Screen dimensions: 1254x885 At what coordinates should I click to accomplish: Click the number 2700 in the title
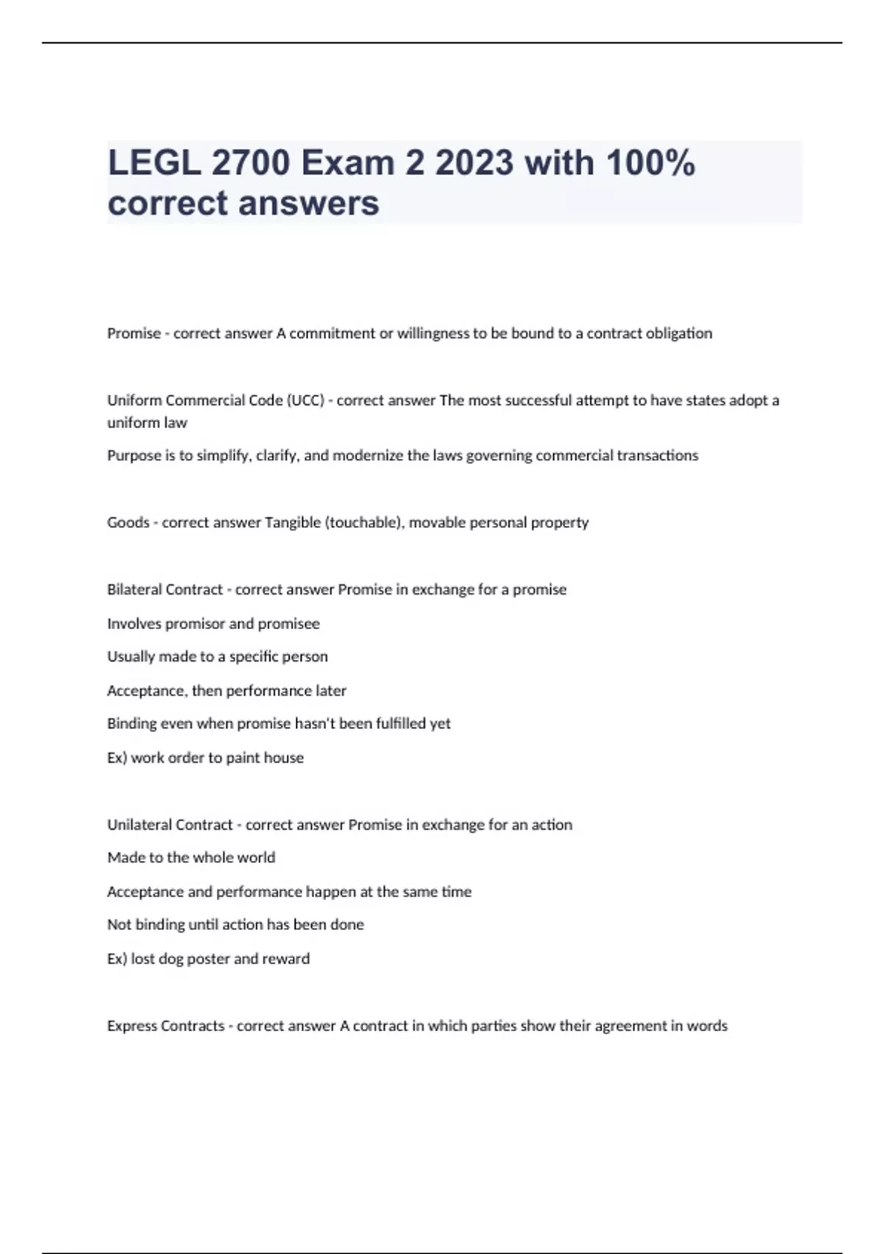[x=251, y=163]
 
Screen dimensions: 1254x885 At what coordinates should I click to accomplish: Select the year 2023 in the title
[x=474, y=163]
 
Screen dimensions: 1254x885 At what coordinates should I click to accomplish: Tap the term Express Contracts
[x=166, y=1026]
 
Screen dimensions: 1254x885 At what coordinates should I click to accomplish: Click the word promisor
[x=195, y=624]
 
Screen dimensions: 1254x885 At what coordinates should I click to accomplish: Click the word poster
[x=208, y=959]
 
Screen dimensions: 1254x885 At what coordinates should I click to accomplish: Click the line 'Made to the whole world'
[x=191, y=858]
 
